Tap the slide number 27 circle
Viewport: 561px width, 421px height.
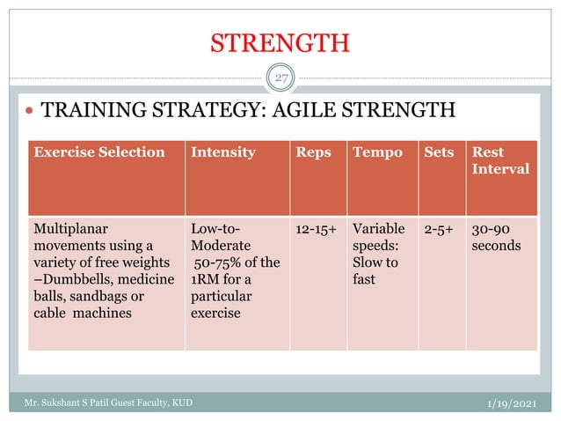point(280,79)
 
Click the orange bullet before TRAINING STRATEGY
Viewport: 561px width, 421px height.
point(31,112)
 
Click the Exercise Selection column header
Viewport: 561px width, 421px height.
point(98,152)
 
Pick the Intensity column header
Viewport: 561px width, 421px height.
point(223,152)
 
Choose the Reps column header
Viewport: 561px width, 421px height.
point(314,152)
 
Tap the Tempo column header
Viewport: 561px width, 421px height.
point(377,152)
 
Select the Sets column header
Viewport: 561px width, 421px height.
point(439,152)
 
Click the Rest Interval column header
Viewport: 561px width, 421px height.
point(500,159)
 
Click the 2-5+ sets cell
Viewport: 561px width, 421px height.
point(441,229)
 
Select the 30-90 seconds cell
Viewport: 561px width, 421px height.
point(497,237)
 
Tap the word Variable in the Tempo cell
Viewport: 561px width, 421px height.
point(378,229)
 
